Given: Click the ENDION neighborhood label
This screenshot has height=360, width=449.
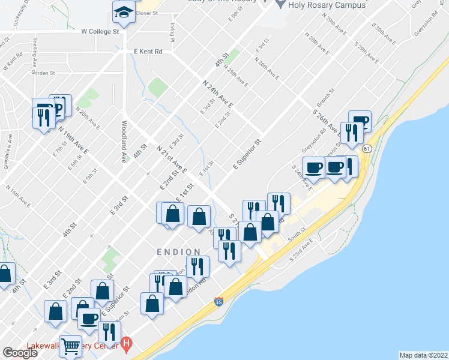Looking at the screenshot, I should coord(179,252).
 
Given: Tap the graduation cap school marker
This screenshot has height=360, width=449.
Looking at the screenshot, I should coord(124,12).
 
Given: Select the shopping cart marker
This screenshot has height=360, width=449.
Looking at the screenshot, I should coord(70,346).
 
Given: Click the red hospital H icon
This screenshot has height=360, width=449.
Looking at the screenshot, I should coord(126,344).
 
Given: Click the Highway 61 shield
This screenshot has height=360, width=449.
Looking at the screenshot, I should coord(367,148).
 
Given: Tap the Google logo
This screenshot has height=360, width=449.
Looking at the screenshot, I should coord(20,353).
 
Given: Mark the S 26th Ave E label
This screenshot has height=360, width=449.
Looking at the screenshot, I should coord(327,113).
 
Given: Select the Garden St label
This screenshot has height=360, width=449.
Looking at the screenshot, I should coord(43,73).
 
